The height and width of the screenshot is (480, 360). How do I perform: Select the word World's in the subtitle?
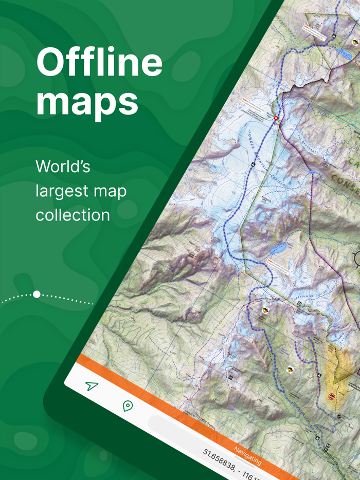pos(63,166)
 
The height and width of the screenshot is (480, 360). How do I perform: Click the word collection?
pos(73,214)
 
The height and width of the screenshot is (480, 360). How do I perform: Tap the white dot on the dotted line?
pos(37,294)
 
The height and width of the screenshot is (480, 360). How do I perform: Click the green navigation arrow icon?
pos(92,385)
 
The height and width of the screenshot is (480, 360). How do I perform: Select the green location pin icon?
pos(128,406)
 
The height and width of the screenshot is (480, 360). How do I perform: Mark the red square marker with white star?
pos(276,118)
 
